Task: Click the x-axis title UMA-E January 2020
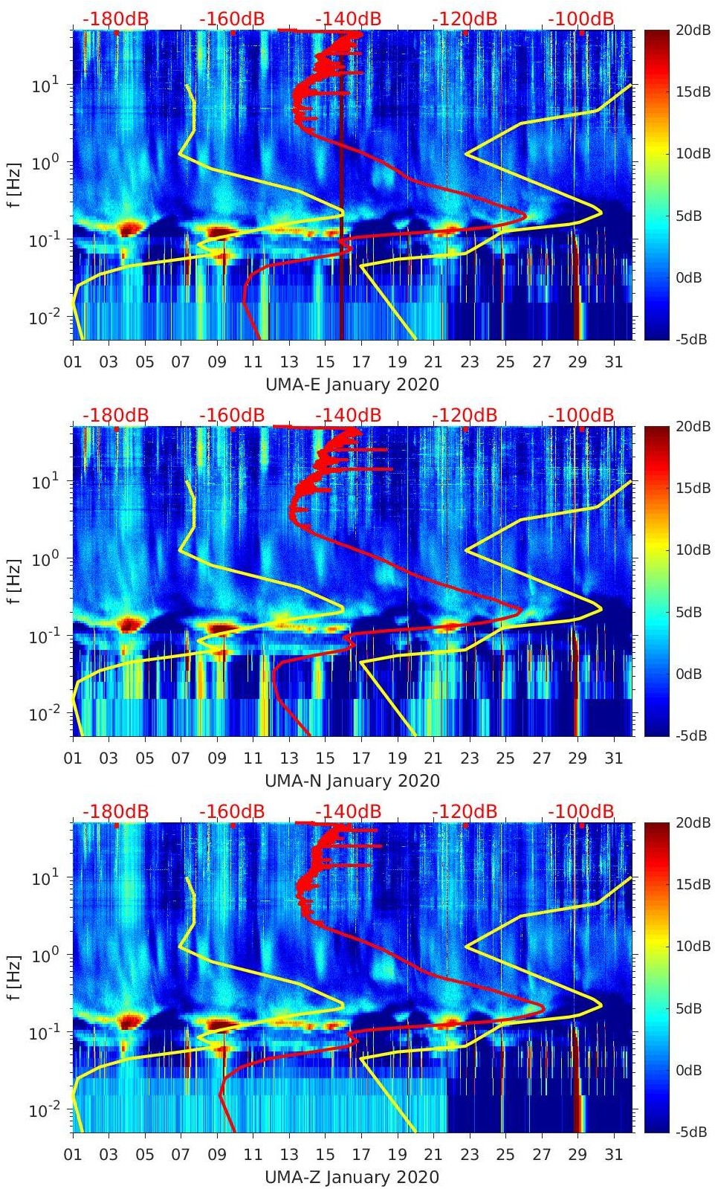352,384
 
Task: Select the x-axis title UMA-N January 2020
352,781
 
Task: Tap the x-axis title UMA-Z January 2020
352,1177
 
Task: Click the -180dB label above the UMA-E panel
115,19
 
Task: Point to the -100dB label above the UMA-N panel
581,415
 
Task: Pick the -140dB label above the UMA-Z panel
348,811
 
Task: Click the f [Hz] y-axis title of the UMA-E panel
15,184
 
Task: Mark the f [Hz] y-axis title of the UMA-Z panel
15,977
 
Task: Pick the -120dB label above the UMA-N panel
465,415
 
